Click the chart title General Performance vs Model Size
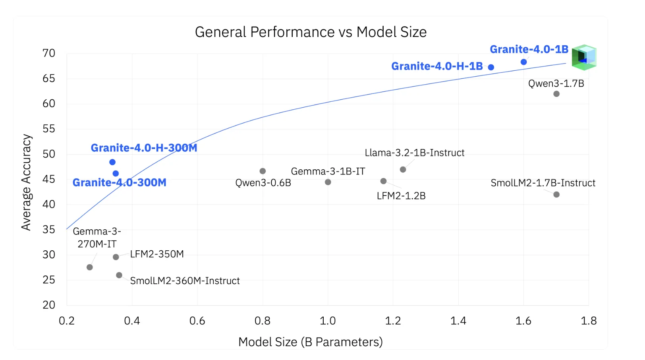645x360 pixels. click(311, 32)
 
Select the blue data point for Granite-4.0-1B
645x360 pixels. click(523, 62)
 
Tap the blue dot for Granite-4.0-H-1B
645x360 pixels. click(491, 67)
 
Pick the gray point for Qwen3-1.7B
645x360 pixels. click(556, 94)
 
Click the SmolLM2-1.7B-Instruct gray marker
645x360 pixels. click(556, 194)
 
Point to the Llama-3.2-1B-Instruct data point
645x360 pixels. click(403, 170)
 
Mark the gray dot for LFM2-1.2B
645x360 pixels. click(383, 181)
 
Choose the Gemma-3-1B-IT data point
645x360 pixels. click(328, 182)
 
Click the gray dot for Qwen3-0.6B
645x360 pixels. click(263, 171)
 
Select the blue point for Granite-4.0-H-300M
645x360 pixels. click(112, 162)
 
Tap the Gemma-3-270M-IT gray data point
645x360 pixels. click(90, 267)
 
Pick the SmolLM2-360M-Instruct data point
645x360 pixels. click(119, 275)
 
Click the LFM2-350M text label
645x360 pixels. click(157, 254)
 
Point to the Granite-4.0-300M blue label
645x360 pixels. click(119, 182)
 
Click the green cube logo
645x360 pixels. click(584, 57)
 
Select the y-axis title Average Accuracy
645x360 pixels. click(26, 182)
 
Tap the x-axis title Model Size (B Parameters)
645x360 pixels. click(310, 342)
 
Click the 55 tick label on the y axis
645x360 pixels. click(49, 129)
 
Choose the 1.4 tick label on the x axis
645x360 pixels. click(458, 321)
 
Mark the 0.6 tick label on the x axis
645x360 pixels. click(197, 321)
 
